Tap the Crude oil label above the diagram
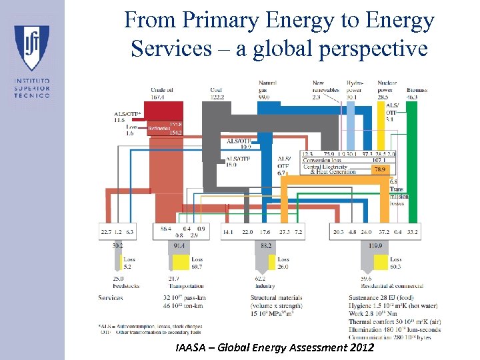click(x=161, y=89)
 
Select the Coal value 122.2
click(x=217, y=97)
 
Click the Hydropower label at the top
click(x=354, y=86)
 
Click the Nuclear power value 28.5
click(x=384, y=97)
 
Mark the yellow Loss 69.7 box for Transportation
click(x=197, y=263)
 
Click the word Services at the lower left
click(x=111, y=297)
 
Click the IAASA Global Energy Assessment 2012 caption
click(x=274, y=348)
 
